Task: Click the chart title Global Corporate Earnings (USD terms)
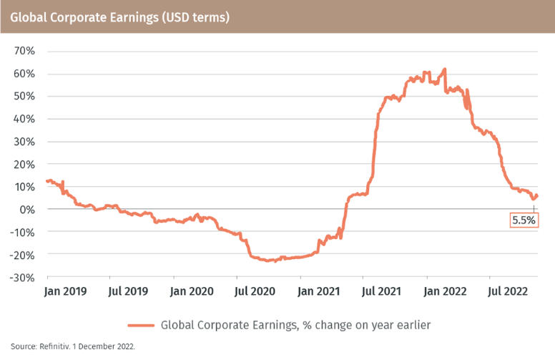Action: pos(120,16)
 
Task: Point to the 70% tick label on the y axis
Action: pos(25,51)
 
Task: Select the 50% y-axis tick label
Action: pos(25,96)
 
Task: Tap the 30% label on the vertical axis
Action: pos(25,141)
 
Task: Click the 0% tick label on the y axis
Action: pos(28,209)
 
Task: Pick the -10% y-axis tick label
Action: pos(23,231)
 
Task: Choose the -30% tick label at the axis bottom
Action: pos(23,277)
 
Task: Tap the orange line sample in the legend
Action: pos(140,324)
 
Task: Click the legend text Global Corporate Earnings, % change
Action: pos(295,324)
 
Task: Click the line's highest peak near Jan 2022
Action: pos(445,69)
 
